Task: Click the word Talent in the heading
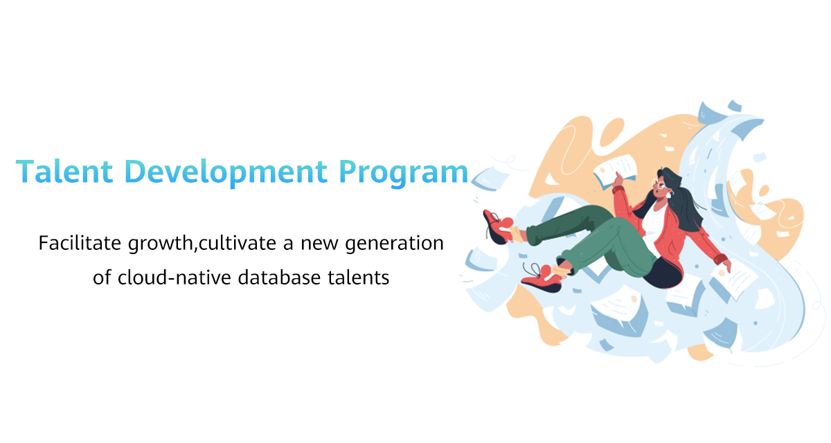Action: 64,171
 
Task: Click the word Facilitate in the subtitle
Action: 80,243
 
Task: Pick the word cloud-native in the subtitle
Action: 174,278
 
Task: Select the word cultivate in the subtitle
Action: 238,243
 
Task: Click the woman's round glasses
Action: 659,183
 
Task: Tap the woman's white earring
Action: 670,194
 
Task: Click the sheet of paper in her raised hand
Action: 615,170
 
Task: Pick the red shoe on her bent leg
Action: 542,278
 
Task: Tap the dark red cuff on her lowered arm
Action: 720,259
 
